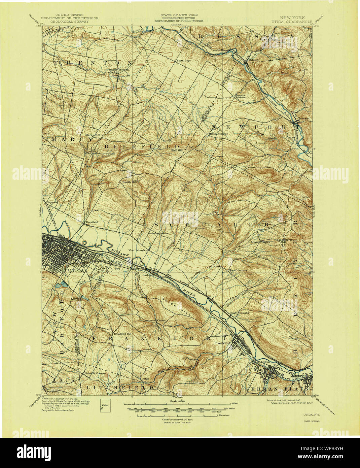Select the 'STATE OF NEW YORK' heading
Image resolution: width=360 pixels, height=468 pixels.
click(x=179, y=15)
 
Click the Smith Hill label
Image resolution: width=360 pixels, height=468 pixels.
click(x=130, y=182)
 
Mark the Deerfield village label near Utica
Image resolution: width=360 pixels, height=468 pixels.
click(x=92, y=222)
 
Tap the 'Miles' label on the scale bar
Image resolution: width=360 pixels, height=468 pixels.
click(x=235, y=403)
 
